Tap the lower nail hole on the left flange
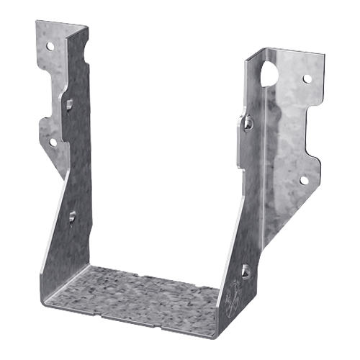pos(52,142)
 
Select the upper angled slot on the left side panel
pos(69,104)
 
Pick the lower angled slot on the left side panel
pos(73,215)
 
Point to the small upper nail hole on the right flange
pos(307,78)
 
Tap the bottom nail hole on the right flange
pos(303,180)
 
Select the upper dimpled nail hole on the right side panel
pos(248,124)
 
